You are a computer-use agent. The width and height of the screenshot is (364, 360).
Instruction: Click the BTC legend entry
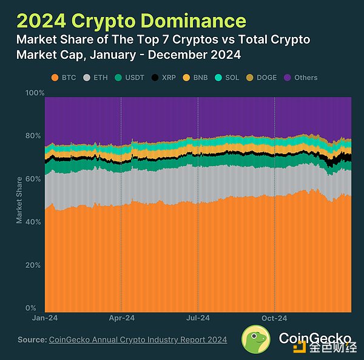pos(63,78)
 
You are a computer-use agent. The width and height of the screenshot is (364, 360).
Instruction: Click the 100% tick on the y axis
pos(35,93)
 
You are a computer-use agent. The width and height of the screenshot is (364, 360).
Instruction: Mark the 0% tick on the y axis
pos(38,308)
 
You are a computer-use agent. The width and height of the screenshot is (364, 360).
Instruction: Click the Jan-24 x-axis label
pos(45,317)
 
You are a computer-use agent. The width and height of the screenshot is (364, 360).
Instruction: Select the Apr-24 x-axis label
pos(121,317)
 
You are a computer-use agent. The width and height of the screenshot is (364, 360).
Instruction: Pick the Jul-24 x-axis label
pos(198,317)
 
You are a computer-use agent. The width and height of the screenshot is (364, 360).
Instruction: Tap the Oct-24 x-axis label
pos(274,317)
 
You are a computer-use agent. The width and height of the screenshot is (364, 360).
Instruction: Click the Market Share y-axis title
pos(19,200)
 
